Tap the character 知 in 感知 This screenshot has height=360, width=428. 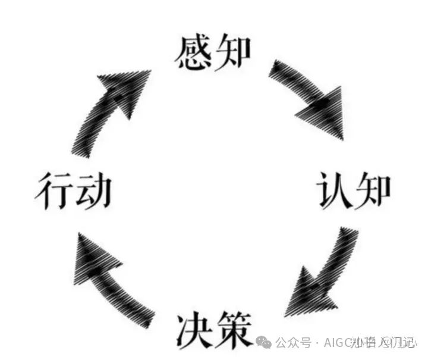(232, 52)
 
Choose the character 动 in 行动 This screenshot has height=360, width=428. (93, 190)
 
